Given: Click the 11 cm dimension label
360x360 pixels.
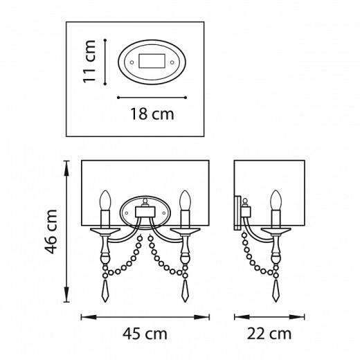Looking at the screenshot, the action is [89, 62].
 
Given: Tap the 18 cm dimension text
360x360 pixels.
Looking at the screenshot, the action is [152, 114].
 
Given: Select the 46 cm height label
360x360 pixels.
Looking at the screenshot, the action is [51, 231].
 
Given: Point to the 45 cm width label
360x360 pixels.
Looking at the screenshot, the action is [145, 334].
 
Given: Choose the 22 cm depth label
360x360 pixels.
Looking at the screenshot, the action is [269, 334].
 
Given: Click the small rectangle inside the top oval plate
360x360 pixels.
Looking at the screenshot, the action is [152, 61].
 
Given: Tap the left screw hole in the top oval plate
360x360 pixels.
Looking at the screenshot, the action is [132, 62].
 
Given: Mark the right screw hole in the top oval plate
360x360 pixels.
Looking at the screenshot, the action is [172, 62].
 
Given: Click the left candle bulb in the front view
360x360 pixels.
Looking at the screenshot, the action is [105, 200].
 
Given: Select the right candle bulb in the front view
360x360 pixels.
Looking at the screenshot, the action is [186, 200].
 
